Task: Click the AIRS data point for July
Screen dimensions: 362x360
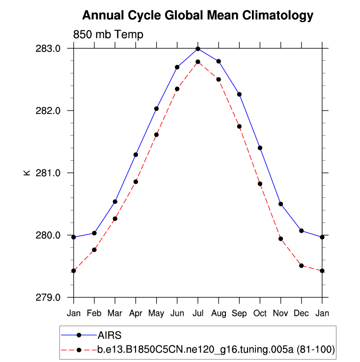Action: [197, 49]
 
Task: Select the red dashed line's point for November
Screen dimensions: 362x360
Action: [280, 239]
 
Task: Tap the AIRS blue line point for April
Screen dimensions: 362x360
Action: [136, 155]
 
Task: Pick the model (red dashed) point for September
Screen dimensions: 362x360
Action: [239, 126]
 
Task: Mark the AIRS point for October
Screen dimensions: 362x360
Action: [260, 148]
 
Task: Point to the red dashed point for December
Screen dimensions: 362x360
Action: [301, 266]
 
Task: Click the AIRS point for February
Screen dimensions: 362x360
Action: [94, 233]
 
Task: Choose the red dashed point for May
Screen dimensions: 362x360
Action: [156, 135]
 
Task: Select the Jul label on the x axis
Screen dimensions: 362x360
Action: [197, 312]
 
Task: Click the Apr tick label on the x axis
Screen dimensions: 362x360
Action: [136, 312]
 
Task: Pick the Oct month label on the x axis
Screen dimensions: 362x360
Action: [260, 312]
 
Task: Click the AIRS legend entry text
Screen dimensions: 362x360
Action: [109, 335]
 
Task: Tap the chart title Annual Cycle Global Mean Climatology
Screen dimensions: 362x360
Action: [197, 16]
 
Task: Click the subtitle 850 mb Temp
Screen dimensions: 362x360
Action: [108, 35]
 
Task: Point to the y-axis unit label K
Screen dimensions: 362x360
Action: [27, 173]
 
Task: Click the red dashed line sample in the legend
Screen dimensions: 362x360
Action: [79, 350]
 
